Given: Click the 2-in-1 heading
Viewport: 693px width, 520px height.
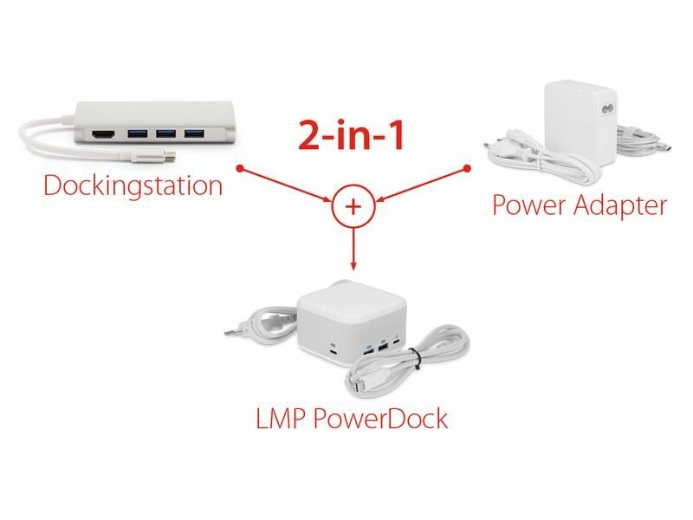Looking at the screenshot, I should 352,135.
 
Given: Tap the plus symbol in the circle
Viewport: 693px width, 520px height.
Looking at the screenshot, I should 353,206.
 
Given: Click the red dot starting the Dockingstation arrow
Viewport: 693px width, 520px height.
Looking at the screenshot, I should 243,167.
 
